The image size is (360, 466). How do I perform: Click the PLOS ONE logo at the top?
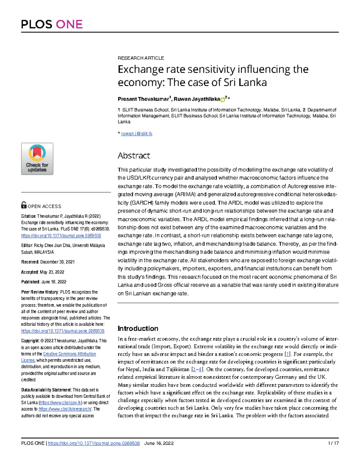(x=52, y=24)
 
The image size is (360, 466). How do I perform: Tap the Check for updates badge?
(x=37, y=159)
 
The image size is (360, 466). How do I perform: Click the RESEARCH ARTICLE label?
(x=141, y=58)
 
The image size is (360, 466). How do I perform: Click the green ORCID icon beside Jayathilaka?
(x=223, y=100)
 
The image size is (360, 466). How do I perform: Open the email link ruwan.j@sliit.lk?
(x=136, y=134)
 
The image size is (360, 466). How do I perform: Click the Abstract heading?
(x=133, y=155)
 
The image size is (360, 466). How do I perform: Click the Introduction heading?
(x=138, y=328)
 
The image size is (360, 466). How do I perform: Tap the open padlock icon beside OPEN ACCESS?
(x=24, y=205)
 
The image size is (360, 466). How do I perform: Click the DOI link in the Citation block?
(x=61, y=236)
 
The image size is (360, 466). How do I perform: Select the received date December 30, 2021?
(x=57, y=262)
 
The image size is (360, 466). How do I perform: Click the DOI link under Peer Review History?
(x=63, y=331)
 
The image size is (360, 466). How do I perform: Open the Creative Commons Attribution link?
(x=70, y=354)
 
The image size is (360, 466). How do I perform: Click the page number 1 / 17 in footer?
(x=333, y=443)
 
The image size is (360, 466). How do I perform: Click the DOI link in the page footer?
(x=94, y=443)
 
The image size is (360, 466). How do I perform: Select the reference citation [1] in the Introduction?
(x=287, y=354)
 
